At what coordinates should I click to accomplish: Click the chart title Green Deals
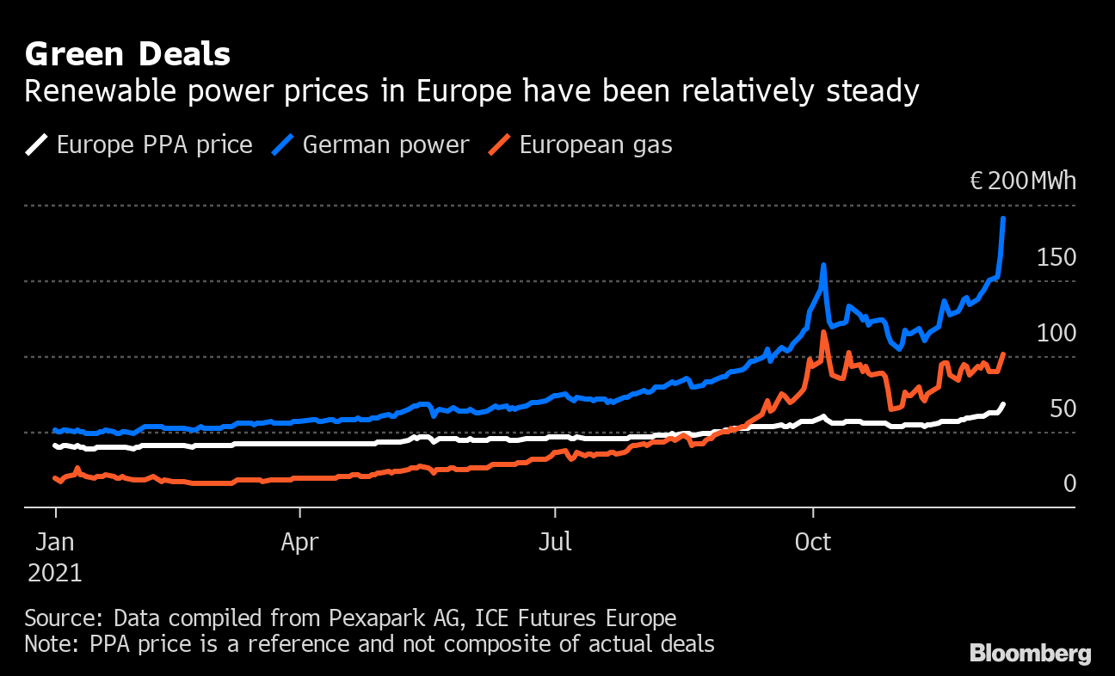(127, 54)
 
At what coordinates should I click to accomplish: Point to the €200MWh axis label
(1022, 181)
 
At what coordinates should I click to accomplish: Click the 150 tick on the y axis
(1056, 257)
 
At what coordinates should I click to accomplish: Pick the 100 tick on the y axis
(1056, 333)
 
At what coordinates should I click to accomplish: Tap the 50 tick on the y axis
(1063, 409)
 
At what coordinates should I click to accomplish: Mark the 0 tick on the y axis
(1069, 483)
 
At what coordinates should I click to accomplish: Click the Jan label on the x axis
(55, 543)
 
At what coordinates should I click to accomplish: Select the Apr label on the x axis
(299, 543)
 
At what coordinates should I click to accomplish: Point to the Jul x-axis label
(555, 543)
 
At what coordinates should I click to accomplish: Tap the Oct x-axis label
(812, 543)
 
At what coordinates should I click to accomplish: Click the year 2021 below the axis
(55, 573)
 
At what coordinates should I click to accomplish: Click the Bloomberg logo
(1030, 654)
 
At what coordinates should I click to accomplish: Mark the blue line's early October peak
(824, 266)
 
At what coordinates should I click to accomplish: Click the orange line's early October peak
(824, 333)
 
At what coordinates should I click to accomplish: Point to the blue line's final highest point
(1003, 219)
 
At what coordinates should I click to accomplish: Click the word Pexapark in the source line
(370, 618)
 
